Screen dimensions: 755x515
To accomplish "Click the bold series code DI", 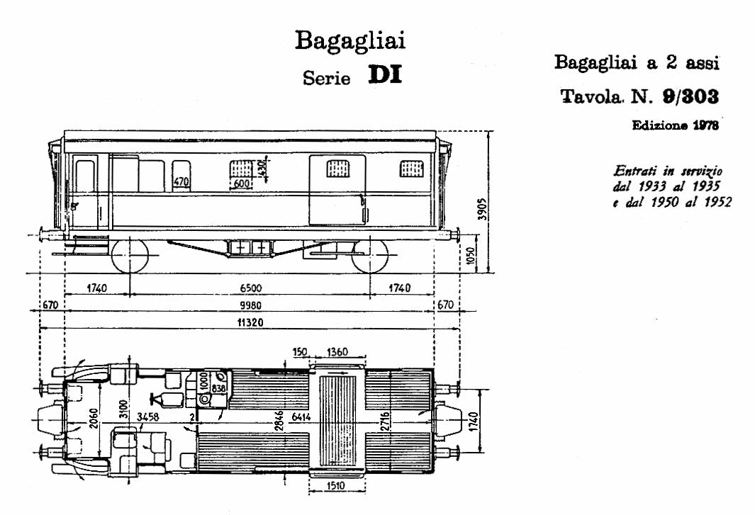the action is click(x=385, y=76).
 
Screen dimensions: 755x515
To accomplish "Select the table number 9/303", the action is click(x=690, y=97).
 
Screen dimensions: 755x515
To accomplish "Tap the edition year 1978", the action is click(x=705, y=125).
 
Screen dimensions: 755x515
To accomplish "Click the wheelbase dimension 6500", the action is click(x=251, y=288).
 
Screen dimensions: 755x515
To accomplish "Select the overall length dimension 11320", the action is click(x=250, y=322).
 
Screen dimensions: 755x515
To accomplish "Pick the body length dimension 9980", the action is click(x=251, y=305).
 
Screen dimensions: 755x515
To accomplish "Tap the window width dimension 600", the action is click(x=242, y=184).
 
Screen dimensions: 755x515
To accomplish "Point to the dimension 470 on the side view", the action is click(x=181, y=182).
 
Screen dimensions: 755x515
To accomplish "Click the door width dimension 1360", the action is click(x=337, y=352).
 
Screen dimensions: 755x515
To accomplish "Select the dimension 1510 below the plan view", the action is click(x=335, y=486).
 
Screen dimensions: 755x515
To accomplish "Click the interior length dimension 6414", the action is click(x=301, y=417).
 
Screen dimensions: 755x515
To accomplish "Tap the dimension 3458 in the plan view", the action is click(x=148, y=417).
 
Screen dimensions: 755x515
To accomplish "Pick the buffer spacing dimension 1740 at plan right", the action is click(x=474, y=422).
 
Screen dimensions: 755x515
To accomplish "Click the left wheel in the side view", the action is click(x=130, y=256).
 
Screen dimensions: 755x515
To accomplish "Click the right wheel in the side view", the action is click(x=370, y=256).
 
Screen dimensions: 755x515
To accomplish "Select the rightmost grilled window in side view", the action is click(x=412, y=169).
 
